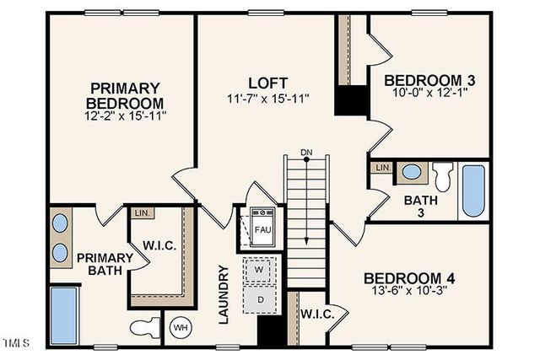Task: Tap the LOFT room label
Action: (268, 83)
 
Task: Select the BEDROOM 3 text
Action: (429, 81)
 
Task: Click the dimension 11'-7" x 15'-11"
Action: (268, 99)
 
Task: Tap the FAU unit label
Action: (263, 228)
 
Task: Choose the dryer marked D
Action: (260, 298)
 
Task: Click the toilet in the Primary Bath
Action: (146, 327)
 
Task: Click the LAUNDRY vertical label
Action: (224, 295)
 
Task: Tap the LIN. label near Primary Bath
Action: (141, 213)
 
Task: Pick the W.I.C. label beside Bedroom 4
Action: (317, 314)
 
